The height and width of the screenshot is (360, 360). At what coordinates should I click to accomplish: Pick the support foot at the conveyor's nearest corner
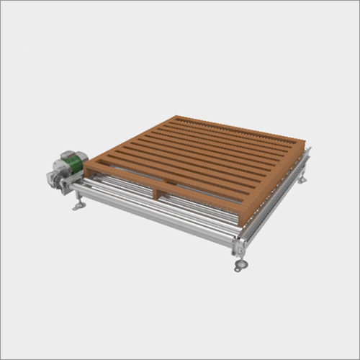click(x=240, y=266)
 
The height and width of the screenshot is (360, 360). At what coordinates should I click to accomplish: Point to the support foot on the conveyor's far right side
click(x=305, y=178)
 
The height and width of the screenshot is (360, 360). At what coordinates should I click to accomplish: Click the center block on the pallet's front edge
click(x=160, y=192)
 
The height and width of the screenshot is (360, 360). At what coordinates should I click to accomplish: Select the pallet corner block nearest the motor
click(x=92, y=171)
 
